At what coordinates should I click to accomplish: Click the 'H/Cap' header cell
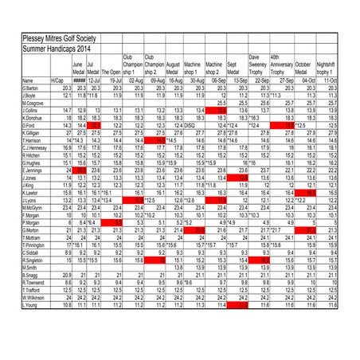(x=57, y=81)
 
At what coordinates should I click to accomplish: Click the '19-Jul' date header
(x=114, y=81)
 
